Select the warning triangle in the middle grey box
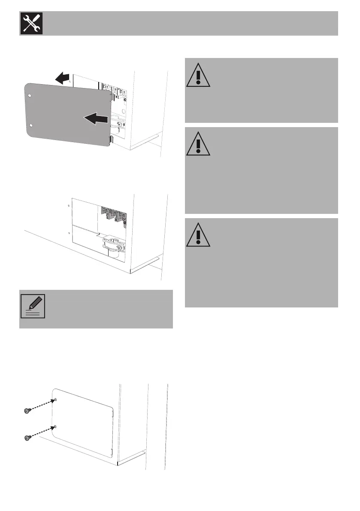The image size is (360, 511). pos(198,143)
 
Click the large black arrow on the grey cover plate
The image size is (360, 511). pos(94,118)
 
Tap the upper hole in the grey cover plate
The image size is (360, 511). pos(29,96)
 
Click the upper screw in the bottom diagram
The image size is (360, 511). pos(27,411)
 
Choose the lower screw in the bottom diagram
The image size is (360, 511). pos(27,438)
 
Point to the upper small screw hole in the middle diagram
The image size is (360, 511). pos(69,205)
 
